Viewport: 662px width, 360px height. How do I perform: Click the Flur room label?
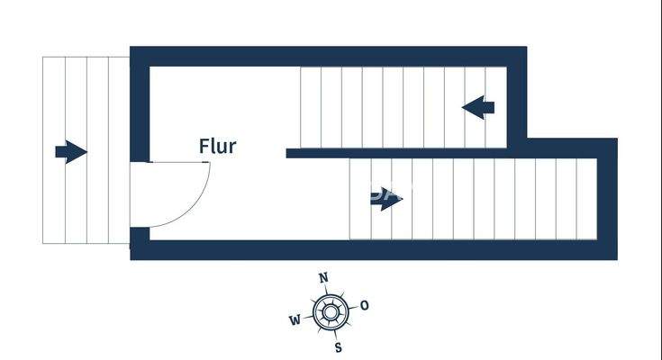point(217,146)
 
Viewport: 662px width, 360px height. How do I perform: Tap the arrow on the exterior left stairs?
point(71,151)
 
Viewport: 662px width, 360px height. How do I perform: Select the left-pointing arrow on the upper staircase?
point(478,107)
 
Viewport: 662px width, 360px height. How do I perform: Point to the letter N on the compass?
point(324,277)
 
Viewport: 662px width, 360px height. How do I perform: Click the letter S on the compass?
point(337,346)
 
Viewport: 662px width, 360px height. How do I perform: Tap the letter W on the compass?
point(295,320)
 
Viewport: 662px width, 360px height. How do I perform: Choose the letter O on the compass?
point(364,305)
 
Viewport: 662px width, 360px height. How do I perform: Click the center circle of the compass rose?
point(330,312)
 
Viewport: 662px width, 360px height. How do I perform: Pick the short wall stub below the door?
point(140,238)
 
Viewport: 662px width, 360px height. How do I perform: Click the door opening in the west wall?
point(140,194)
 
